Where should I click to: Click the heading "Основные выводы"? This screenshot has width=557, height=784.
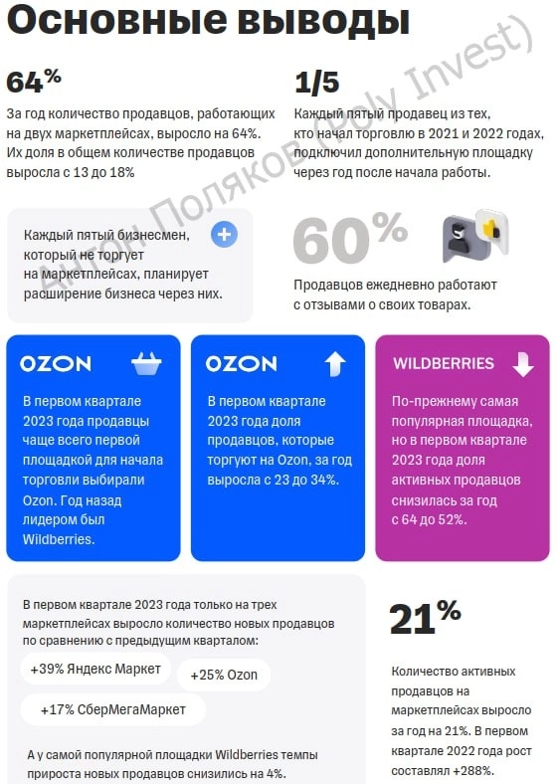pos(208,21)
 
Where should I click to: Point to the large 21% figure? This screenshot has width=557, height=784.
pos(425,617)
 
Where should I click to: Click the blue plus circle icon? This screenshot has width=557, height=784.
pos(225,235)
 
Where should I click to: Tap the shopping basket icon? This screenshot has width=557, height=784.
pos(147,364)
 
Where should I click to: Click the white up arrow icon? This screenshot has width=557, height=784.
pos(334,364)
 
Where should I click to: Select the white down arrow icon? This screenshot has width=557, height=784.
pos(522,364)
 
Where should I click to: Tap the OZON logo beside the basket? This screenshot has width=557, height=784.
pos(56,364)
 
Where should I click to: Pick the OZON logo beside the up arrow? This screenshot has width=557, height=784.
pos(242,364)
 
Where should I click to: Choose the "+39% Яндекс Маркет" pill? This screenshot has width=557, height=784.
pos(95,669)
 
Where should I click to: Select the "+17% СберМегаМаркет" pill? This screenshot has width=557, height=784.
pos(112,709)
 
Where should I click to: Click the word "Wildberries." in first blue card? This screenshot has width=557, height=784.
pos(59,539)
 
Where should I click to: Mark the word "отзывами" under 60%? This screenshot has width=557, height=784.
pos(343,303)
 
